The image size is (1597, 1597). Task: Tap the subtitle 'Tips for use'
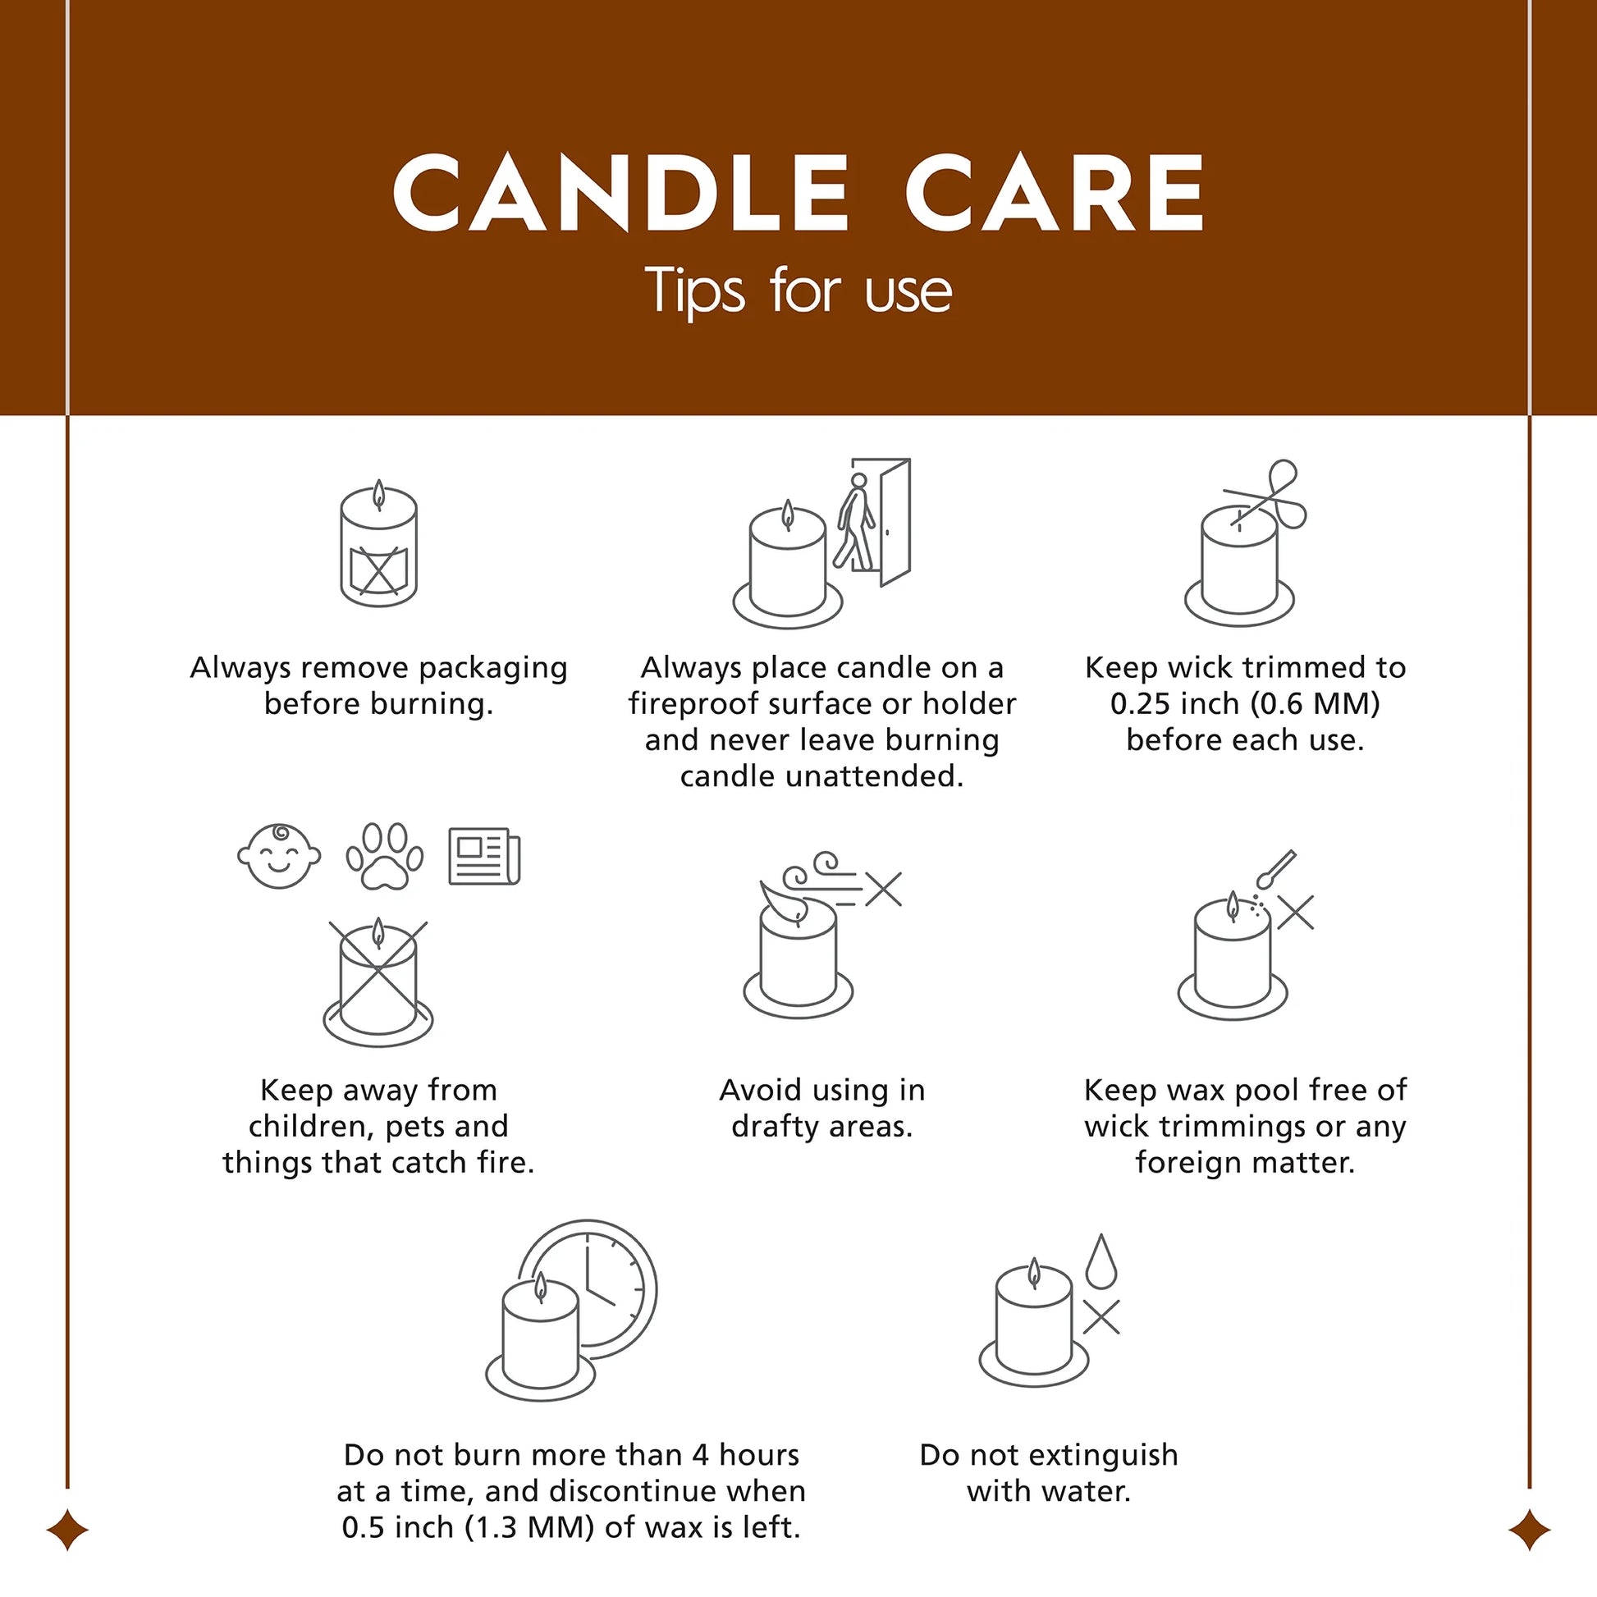[x=798, y=291]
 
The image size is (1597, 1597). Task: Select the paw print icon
[x=384, y=857]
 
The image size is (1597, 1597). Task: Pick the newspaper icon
[x=484, y=857]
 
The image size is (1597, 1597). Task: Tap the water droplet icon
[x=1101, y=1261]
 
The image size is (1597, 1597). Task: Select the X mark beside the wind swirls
[x=884, y=890]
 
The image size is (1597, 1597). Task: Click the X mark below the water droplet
[x=1101, y=1317]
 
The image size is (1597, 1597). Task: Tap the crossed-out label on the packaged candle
[x=378, y=569]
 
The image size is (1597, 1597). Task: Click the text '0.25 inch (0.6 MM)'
[x=1245, y=703]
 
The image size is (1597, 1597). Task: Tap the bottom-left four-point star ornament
[x=67, y=1529]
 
